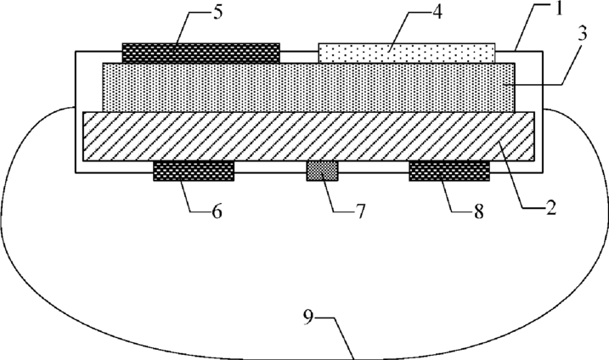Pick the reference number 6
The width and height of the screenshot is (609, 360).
tap(217, 212)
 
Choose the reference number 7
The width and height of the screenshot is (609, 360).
tap(359, 211)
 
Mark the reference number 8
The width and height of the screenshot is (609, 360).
tap(479, 212)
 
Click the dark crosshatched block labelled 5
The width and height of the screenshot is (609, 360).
tap(200, 52)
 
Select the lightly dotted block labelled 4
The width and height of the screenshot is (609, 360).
tap(407, 53)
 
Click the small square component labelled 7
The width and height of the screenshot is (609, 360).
tap(322, 171)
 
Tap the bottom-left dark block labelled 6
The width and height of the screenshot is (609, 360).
tap(193, 171)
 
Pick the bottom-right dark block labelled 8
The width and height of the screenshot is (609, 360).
tap(449, 171)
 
